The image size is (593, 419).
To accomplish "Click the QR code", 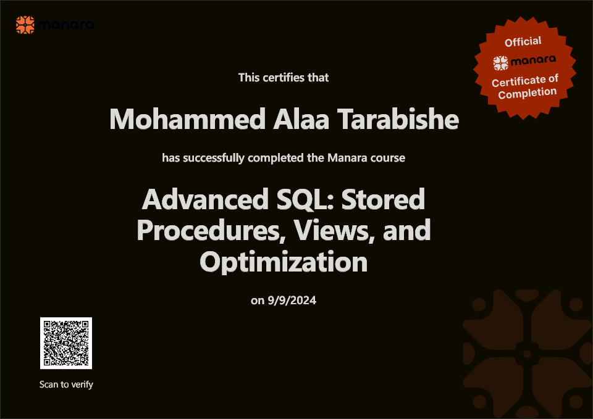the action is coord(66,343).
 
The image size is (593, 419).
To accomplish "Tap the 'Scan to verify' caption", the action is coord(66,384).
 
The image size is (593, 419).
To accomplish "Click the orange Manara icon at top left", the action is coord(25,25).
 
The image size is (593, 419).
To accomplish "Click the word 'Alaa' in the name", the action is coord(301,119).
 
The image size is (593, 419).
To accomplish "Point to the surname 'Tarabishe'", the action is coord(398,119).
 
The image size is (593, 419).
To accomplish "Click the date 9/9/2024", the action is coord(292,301).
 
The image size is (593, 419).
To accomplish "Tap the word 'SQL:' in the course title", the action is coord(306,199).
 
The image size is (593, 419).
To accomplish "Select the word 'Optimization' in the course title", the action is coord(284,262).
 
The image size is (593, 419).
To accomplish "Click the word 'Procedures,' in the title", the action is coord(211,230).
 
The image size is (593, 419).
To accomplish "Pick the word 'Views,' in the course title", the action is coord(334,230).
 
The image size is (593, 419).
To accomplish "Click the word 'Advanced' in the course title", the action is coord(205,199).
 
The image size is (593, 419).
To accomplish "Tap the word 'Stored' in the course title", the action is coord(384,199).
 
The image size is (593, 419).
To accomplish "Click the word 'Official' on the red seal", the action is coord(523,41).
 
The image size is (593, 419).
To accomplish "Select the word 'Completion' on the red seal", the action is coord(527,93).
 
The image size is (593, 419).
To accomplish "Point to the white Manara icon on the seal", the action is coord(501,63).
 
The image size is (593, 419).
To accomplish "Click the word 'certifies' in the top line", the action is coord(284,78).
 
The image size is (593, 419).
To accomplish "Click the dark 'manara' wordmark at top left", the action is coord(66,25).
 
